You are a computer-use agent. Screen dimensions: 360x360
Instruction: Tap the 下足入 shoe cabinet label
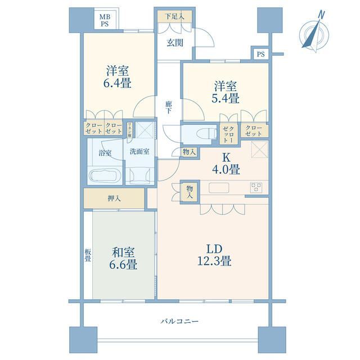point(175,16)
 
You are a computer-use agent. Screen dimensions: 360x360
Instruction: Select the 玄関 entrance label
point(175,43)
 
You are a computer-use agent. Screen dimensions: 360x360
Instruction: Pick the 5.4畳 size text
point(226,98)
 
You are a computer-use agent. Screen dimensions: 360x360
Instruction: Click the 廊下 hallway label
point(169,107)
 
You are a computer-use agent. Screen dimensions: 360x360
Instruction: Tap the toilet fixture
point(206,134)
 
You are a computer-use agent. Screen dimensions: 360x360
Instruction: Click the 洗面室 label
point(139,151)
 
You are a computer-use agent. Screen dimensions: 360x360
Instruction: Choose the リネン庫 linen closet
point(130,130)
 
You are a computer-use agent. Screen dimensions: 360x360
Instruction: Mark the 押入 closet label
point(114,199)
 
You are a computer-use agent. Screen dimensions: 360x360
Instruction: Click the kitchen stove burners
point(256,187)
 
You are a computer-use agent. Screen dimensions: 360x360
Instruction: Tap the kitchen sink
point(219,188)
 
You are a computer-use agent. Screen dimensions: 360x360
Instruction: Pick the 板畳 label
point(88,255)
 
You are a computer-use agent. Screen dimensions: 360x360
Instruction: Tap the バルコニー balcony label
point(179,321)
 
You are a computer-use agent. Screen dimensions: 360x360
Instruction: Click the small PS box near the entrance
point(260,54)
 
